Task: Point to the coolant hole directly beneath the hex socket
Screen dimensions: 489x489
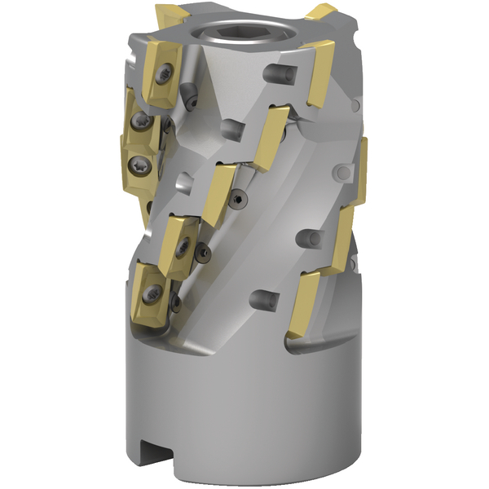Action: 232,127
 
